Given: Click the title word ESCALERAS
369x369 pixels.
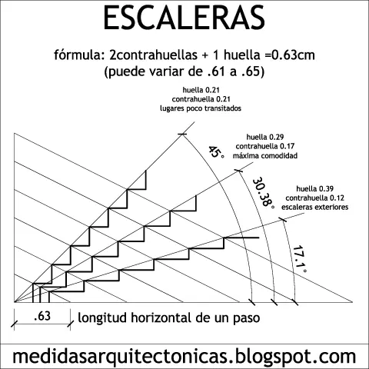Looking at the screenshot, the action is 184,18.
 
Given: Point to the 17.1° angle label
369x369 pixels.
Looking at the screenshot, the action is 300,259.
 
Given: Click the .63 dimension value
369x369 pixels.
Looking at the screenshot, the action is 42,316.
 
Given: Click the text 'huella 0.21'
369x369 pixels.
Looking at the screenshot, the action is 201,90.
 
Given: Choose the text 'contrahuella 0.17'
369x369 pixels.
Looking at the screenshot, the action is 265,146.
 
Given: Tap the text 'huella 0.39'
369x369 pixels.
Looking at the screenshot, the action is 314,189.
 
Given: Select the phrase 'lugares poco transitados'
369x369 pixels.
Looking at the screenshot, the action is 201,108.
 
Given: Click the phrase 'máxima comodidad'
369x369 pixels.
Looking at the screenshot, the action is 265,155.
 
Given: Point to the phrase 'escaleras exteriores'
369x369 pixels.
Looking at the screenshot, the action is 314,207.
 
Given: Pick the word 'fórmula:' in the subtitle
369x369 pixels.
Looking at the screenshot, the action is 79,55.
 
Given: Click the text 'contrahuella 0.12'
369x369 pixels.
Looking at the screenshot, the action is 314,198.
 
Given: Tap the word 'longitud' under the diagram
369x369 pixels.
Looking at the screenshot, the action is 102,318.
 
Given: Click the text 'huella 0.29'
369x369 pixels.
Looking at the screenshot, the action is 265,137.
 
